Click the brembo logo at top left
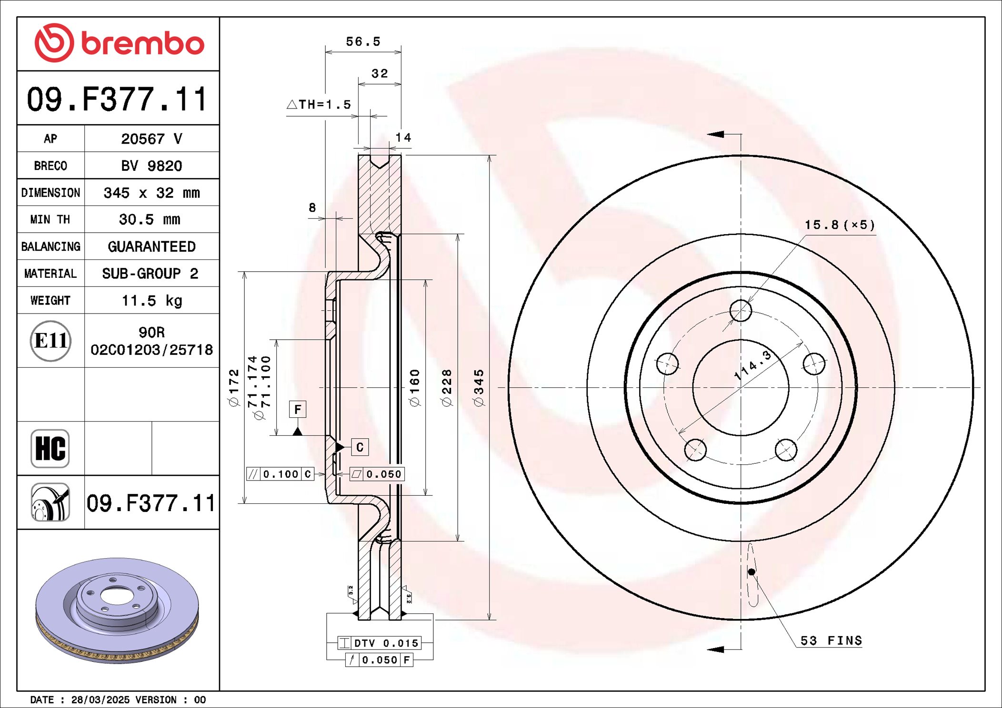click(x=119, y=43)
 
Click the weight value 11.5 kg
click(x=151, y=301)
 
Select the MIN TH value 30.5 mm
click(x=150, y=219)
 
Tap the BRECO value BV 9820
click(x=151, y=166)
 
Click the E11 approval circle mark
click(x=50, y=341)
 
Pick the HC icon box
click(x=50, y=448)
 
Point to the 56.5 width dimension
click(x=363, y=42)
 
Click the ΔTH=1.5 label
click(x=319, y=105)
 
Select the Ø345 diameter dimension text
click(x=479, y=388)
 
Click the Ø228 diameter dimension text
click(x=447, y=388)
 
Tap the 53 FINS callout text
click(x=831, y=640)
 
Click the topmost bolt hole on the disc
click(x=741, y=311)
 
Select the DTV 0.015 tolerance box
click(x=379, y=643)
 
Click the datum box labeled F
click(x=298, y=409)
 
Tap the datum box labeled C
click(x=360, y=447)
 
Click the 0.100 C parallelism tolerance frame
click(x=281, y=474)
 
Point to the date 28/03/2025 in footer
click(x=100, y=699)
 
